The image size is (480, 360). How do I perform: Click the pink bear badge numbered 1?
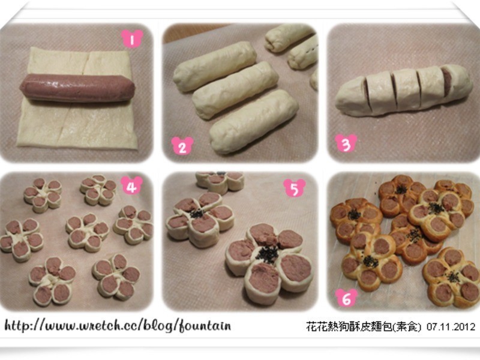(x=132, y=38)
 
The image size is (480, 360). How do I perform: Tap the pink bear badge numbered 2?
(x=182, y=145)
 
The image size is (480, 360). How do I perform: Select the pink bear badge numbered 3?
(x=346, y=143)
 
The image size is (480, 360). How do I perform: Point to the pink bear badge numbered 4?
(x=131, y=185)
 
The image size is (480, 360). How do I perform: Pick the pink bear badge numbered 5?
(x=294, y=188)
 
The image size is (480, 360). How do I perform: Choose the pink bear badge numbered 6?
(x=346, y=298)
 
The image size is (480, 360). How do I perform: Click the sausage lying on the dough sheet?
(x=77, y=88)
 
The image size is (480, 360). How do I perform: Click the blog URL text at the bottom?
(x=118, y=325)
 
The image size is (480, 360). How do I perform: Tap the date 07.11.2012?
(x=451, y=326)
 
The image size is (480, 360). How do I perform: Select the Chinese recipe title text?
(x=364, y=326)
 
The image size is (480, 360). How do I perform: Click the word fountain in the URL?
(x=205, y=325)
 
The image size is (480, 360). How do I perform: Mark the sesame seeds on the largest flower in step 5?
(x=267, y=254)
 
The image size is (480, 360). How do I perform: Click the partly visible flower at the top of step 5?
(x=220, y=182)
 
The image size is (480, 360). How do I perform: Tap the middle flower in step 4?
(x=87, y=232)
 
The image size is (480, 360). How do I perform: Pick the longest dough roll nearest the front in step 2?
(x=253, y=121)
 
